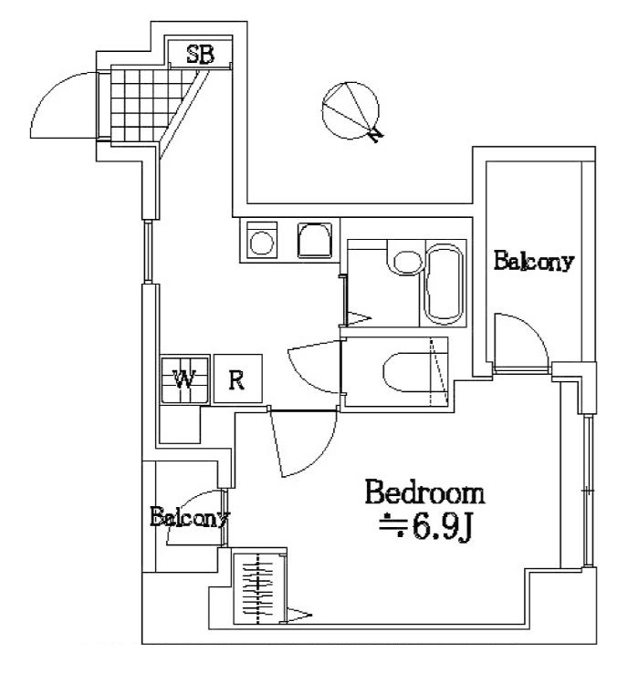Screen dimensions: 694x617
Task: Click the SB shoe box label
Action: (200, 54)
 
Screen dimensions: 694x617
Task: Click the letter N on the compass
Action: (375, 135)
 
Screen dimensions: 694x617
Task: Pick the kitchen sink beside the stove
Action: (312, 241)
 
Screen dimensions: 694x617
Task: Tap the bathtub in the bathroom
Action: (444, 283)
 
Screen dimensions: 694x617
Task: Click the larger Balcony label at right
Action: (534, 262)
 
